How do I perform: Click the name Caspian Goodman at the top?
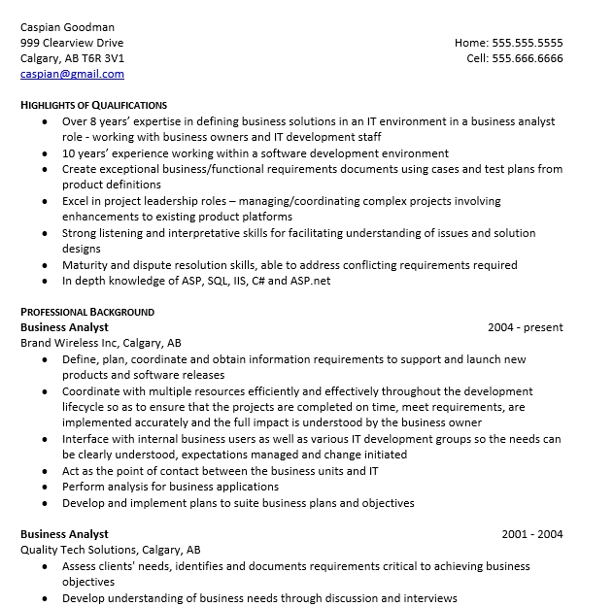pos(66,26)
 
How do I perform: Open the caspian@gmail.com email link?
pos(72,74)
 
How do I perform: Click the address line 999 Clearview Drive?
pos(72,43)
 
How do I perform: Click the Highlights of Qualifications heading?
pos(93,105)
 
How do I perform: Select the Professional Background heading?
pos(87,312)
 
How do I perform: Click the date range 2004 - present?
pos(525,327)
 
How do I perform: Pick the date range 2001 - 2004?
pos(531,534)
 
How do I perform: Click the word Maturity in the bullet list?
pos(85,265)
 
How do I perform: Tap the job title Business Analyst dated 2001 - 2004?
pos(64,534)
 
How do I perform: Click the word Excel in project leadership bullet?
pos(77,201)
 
